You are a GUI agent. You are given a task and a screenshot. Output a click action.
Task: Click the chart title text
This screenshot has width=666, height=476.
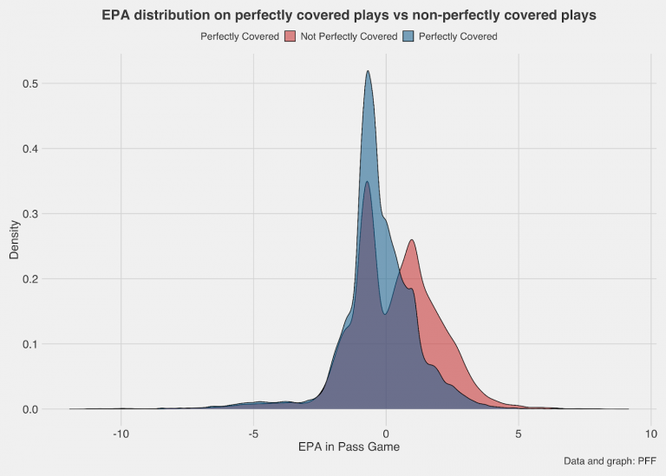(x=349, y=16)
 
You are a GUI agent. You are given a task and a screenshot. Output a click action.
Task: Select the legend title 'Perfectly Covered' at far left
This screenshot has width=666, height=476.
(x=239, y=36)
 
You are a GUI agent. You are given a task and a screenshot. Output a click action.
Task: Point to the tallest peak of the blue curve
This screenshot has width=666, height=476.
(x=368, y=72)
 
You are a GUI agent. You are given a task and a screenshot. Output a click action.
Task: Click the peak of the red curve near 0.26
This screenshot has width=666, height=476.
(x=412, y=241)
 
